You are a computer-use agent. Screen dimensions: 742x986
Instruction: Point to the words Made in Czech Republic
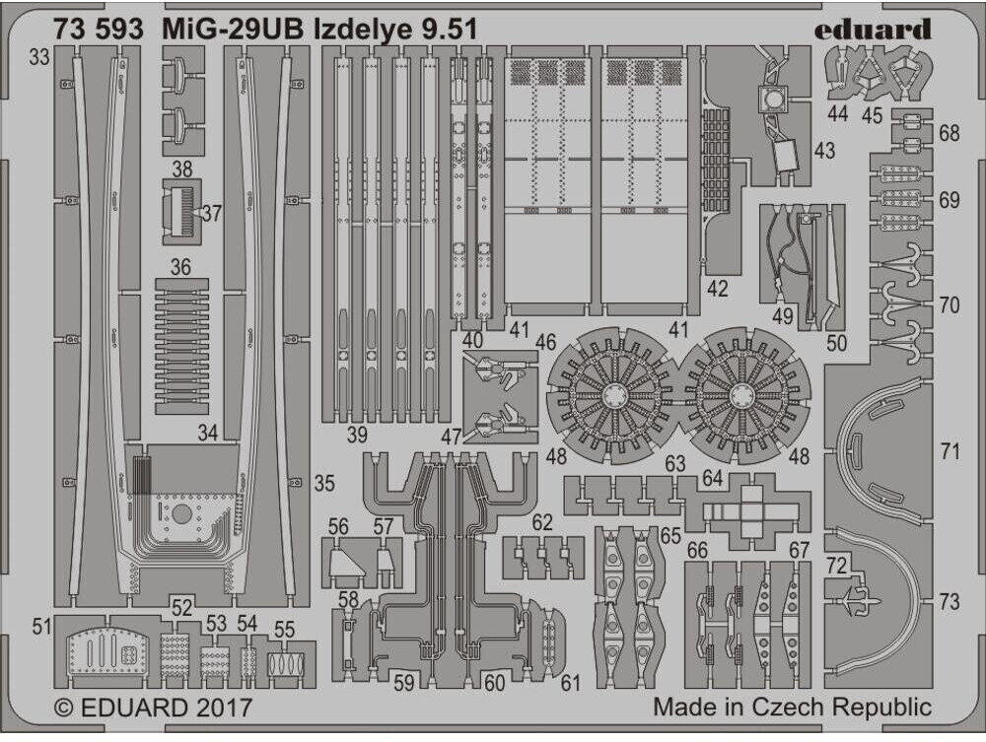[x=792, y=708]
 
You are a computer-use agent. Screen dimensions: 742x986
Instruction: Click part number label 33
[x=38, y=58]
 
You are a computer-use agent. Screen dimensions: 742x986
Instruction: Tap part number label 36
[x=179, y=267]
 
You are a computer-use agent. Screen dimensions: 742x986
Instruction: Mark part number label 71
[x=950, y=452]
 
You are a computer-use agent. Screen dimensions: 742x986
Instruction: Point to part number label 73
[x=950, y=602]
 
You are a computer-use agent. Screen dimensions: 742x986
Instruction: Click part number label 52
[x=181, y=608]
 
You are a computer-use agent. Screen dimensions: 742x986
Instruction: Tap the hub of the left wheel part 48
[x=612, y=396]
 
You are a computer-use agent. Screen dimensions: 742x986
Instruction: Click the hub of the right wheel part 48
[x=743, y=396]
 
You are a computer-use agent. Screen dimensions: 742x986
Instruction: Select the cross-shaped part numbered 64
[x=748, y=511]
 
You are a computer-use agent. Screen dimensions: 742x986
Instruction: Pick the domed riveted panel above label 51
[x=106, y=651]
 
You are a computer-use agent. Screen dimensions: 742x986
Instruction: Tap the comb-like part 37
[x=183, y=211]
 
